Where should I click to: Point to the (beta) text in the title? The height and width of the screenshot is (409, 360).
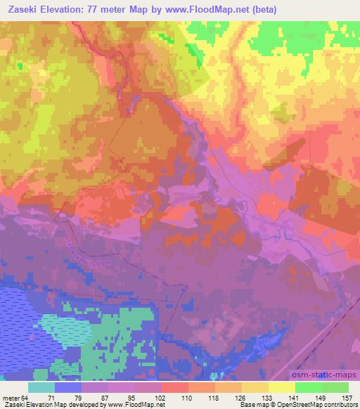pyautogui.click(x=260, y=10)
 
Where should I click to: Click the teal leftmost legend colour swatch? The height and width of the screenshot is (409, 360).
pyautogui.click(x=41, y=387)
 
